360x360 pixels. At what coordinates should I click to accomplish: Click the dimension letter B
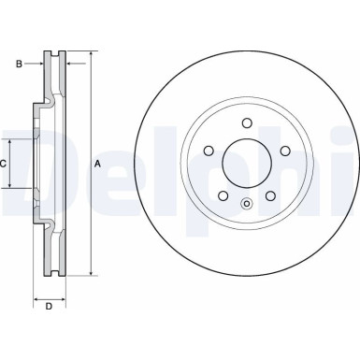(18, 65)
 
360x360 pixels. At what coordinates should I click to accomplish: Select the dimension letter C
(5, 164)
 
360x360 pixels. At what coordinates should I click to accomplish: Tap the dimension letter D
(49, 307)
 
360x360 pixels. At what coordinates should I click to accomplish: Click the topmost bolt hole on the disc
(246, 122)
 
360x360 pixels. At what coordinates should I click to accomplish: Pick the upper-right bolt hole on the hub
(282, 150)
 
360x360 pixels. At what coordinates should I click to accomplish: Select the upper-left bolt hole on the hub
(209, 150)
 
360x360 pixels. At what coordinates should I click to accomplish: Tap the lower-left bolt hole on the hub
(223, 194)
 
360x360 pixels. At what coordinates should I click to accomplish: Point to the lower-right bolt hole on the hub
(268, 194)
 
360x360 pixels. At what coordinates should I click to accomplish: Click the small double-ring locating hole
(246, 205)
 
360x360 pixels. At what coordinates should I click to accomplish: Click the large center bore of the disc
(246, 164)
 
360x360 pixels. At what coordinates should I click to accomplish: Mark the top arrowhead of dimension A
(91, 55)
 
